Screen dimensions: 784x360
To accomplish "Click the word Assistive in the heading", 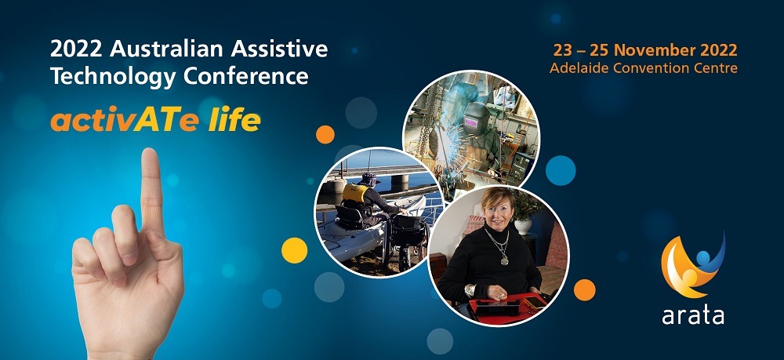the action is (280, 49).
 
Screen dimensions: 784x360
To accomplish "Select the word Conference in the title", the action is (245, 76).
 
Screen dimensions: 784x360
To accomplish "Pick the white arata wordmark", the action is (693, 315).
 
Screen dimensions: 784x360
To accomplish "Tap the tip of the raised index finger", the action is (150, 151).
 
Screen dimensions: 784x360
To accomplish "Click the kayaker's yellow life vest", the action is (354, 193).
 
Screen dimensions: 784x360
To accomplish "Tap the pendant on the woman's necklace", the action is (504, 260).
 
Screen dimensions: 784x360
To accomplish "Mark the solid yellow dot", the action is (295, 250).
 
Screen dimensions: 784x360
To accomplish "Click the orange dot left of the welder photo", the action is (325, 134).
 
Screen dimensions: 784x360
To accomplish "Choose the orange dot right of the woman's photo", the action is (585, 290).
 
